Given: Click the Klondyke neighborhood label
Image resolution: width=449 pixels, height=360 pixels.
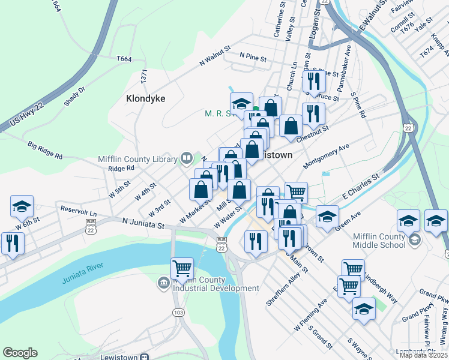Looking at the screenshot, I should pos(145,98).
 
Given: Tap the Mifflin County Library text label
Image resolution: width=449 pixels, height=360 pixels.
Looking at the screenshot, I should pos(137,159).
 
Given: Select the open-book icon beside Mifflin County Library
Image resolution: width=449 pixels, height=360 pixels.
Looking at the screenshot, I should pos(186,158).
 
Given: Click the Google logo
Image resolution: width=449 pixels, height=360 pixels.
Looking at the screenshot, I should pos(19,353).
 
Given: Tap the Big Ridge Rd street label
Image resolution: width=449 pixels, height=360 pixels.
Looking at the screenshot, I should pos(45,150).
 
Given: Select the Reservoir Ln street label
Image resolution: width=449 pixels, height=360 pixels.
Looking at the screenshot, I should pos(79,212).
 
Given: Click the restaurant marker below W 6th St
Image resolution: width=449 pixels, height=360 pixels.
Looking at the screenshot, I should pos(11,242).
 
